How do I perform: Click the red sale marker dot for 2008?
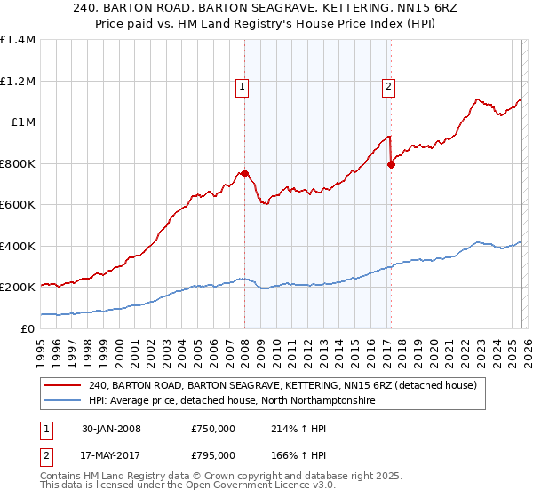(244, 174)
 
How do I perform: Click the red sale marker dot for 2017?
(391, 164)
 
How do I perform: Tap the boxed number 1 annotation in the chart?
(242, 86)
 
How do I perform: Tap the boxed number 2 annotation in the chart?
(388, 86)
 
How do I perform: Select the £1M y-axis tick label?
(22, 122)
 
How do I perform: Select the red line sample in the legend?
(62, 386)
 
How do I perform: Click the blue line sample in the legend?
(62, 401)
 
